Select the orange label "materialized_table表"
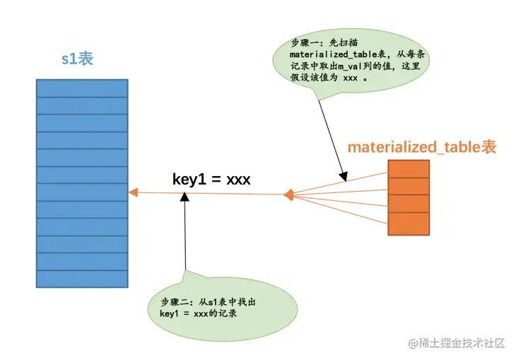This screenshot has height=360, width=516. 422,148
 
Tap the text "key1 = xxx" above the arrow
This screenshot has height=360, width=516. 211,179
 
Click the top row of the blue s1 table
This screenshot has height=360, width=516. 82,88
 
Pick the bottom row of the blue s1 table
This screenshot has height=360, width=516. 82,279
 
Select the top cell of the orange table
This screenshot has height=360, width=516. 409,168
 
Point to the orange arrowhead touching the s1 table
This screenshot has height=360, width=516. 132,193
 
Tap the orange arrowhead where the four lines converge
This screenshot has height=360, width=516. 288,194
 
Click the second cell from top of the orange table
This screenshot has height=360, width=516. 409,186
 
